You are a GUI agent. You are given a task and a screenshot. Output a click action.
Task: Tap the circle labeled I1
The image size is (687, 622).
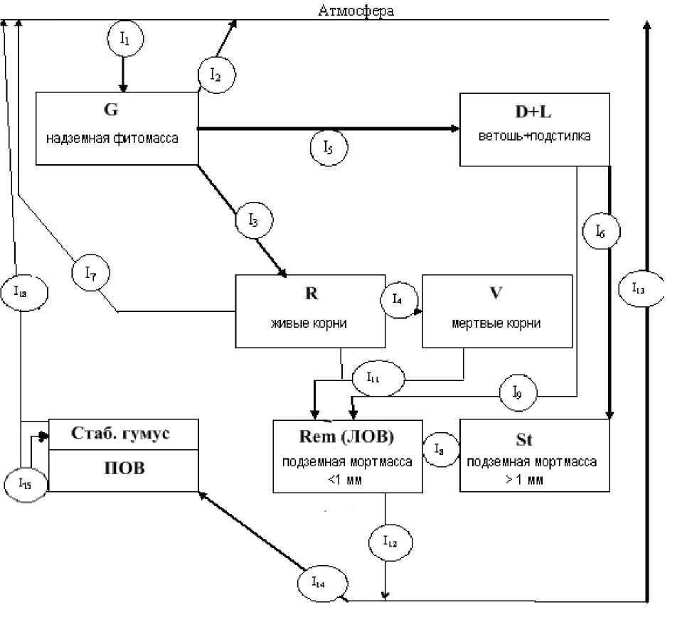tap(124, 40)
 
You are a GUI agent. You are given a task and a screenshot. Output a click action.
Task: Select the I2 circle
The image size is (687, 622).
tap(216, 73)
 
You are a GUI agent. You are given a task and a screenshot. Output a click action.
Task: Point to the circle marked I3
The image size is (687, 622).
tap(255, 220)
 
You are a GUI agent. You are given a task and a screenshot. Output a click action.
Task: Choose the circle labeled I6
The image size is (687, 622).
tap(602, 231)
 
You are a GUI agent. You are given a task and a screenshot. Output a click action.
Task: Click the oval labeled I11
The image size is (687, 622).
tap(375, 378)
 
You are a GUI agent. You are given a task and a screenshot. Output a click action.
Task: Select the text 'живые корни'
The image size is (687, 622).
tap(311, 322)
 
